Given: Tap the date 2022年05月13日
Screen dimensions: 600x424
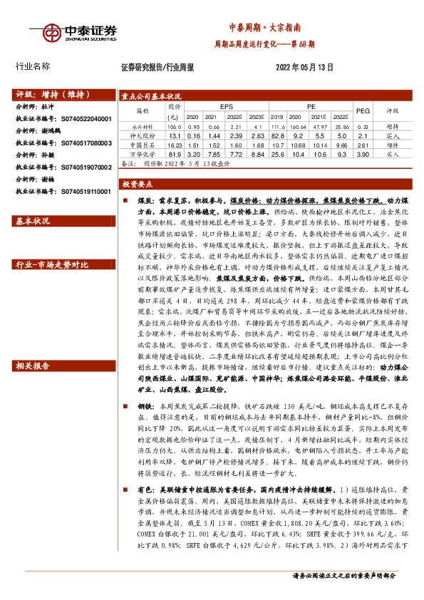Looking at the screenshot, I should tap(304, 67).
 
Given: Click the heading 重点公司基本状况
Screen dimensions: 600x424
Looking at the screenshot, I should tap(151, 95).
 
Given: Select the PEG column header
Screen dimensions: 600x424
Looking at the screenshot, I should tap(363, 110).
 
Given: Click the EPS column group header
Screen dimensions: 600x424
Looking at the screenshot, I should tap(226, 105).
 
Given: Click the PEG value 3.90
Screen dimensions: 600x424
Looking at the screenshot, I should tap(363, 153).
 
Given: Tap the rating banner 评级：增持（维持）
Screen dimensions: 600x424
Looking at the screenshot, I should tap(47, 94).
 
